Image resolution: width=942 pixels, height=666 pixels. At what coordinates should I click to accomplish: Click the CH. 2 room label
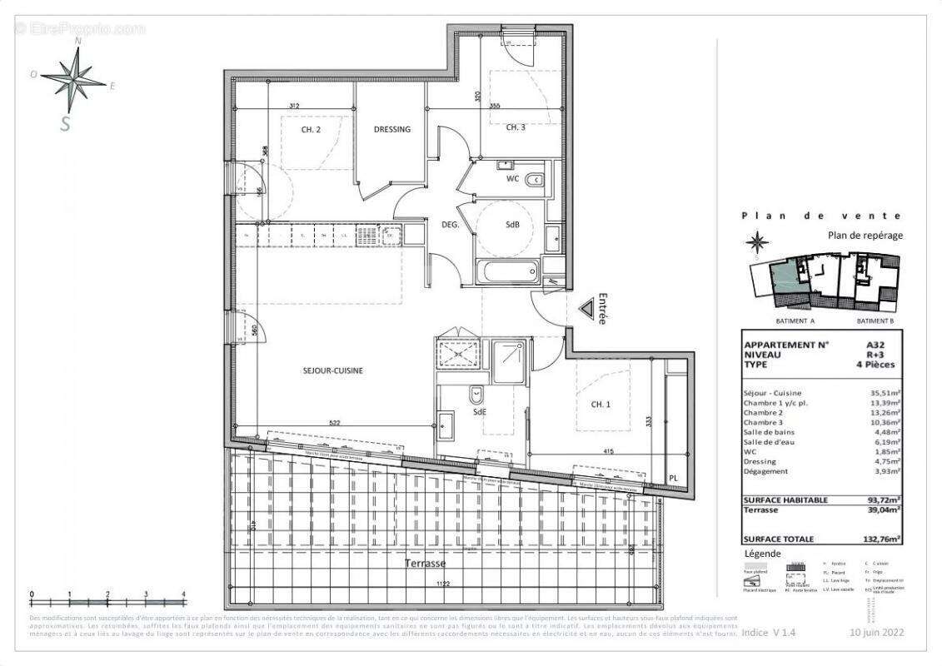click(311, 130)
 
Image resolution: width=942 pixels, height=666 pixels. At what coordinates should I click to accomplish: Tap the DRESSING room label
click(391, 129)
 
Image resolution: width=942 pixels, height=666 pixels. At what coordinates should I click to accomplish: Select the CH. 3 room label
click(516, 127)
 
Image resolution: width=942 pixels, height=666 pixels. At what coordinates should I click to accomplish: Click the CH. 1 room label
click(601, 405)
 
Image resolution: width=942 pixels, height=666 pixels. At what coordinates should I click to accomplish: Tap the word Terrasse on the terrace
click(426, 564)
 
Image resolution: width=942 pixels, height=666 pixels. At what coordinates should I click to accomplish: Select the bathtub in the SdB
click(508, 271)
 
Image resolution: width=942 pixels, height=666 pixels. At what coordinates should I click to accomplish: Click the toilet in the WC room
click(536, 179)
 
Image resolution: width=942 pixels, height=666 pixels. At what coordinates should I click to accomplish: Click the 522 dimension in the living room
click(334, 425)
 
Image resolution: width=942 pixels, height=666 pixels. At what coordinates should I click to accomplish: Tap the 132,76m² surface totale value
click(881, 539)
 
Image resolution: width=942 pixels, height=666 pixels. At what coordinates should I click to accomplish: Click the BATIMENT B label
click(875, 320)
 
